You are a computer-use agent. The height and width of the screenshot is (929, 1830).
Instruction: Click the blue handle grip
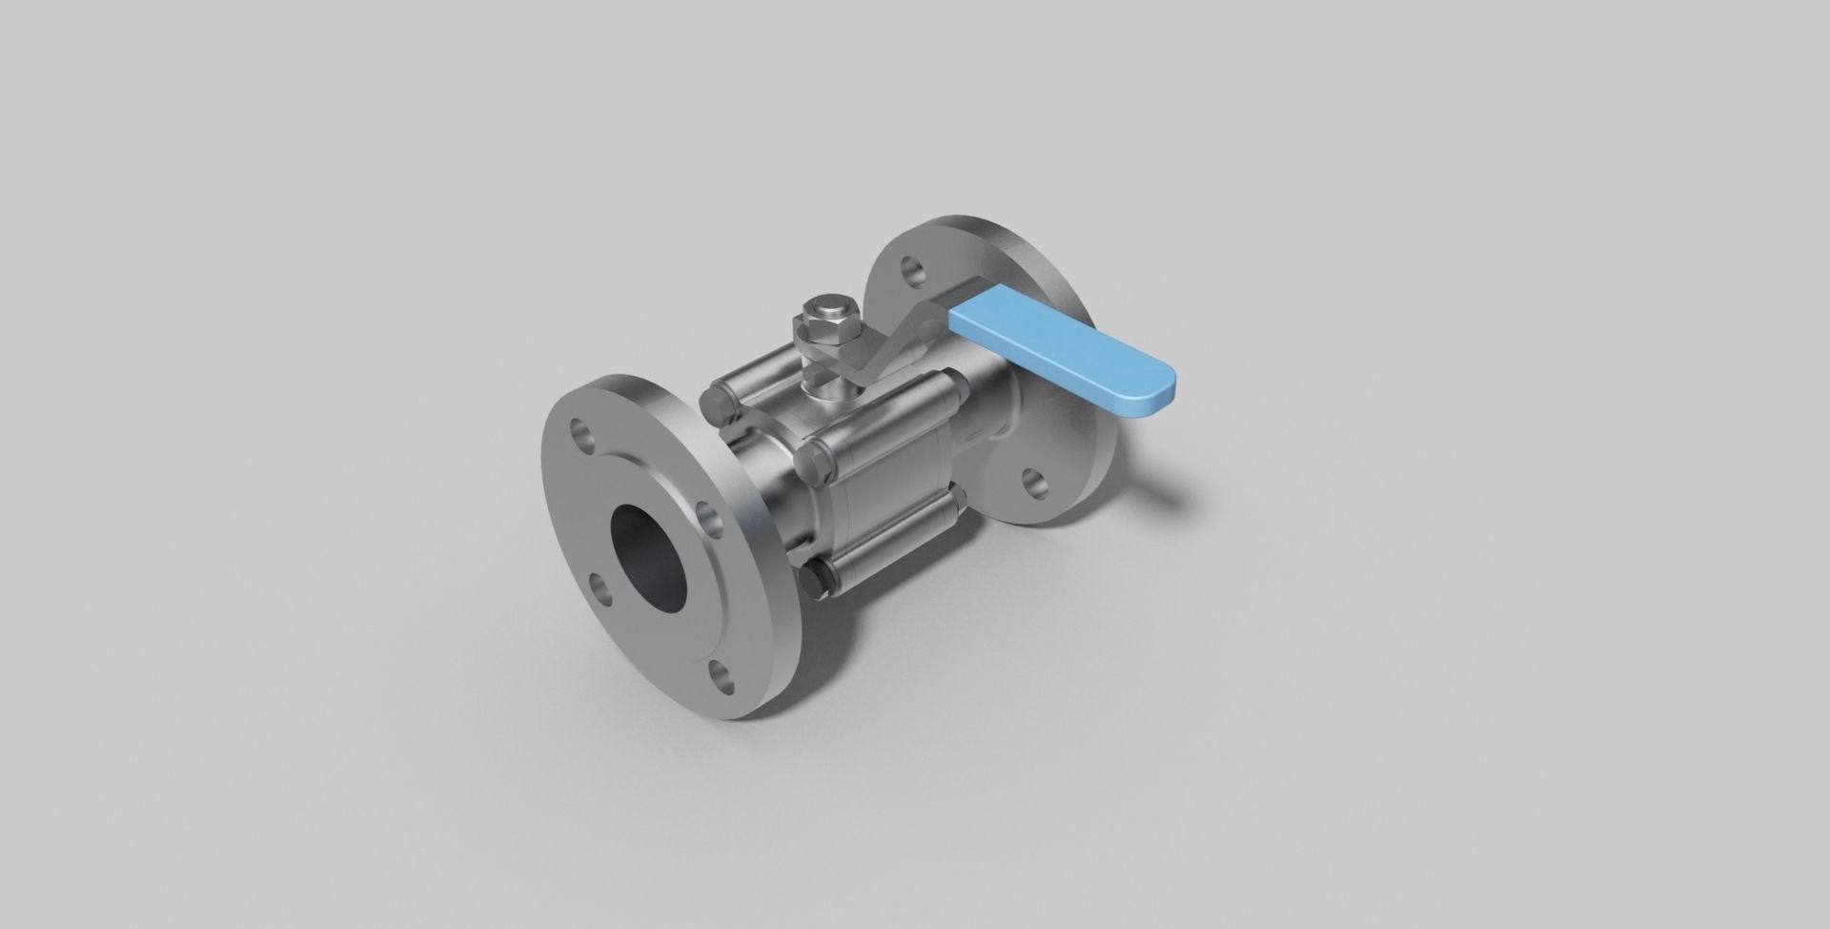pos(1058,352)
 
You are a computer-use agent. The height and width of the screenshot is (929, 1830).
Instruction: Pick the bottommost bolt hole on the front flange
pos(722,678)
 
